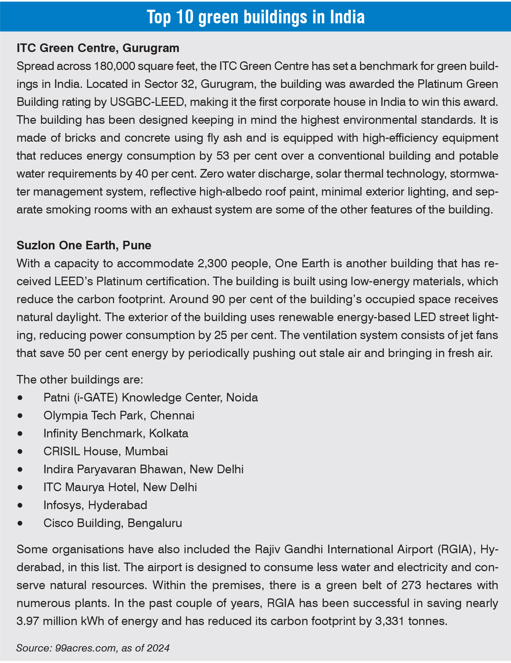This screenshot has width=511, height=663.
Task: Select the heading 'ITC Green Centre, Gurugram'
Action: pyautogui.click(x=98, y=48)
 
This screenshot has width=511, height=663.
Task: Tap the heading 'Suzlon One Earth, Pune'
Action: pyautogui.click(x=84, y=245)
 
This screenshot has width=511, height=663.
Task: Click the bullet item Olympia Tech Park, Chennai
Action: pyautogui.click(x=119, y=415)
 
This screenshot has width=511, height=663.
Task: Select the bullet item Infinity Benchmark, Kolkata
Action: pyautogui.click(x=116, y=433)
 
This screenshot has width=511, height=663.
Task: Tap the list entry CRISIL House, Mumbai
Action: pyautogui.click(x=106, y=451)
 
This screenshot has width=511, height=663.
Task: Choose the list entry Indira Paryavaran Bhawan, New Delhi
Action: pyautogui.click(x=143, y=469)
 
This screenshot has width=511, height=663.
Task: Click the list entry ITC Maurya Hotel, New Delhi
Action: pyautogui.click(x=120, y=487)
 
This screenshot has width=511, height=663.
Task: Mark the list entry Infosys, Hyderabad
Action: pyautogui.click(x=95, y=505)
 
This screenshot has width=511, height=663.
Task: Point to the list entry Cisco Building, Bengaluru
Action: pyautogui.click(x=113, y=523)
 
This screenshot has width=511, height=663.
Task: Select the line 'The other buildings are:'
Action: pyautogui.click(x=80, y=380)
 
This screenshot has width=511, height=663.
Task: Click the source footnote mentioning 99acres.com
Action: pyautogui.click(x=93, y=648)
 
